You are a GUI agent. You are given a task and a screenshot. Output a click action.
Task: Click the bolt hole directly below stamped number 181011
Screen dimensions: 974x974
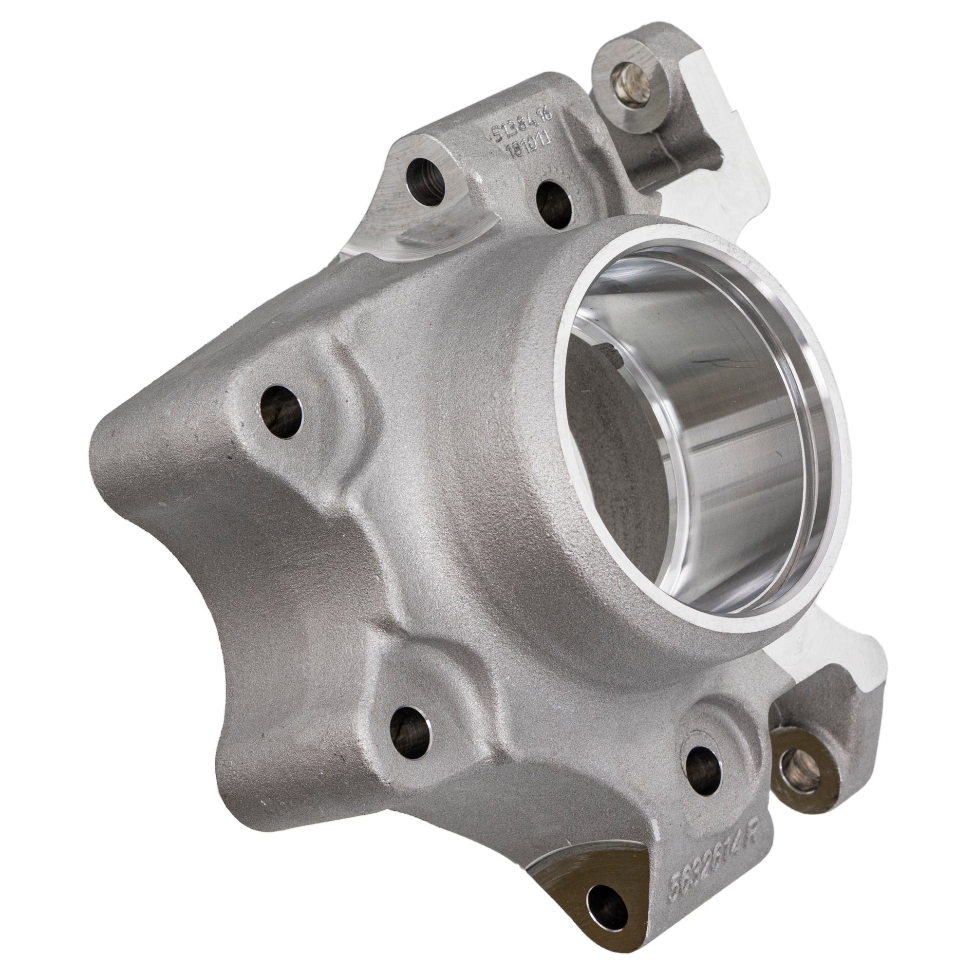point(552,204)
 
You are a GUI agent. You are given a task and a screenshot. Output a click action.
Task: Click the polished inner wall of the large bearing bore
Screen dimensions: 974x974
point(756,454)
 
